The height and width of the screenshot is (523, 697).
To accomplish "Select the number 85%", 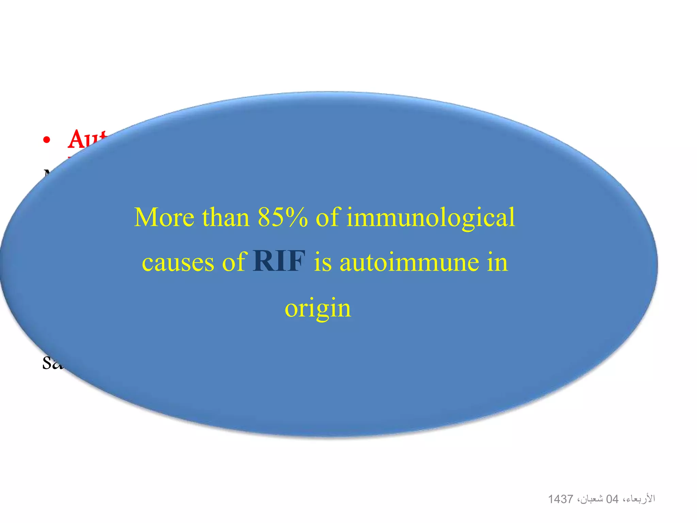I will pyautogui.click(x=282, y=218).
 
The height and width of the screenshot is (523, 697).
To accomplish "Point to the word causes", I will pyautogui.click(x=178, y=263).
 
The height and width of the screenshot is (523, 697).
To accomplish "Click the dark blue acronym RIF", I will pyautogui.click(x=279, y=261).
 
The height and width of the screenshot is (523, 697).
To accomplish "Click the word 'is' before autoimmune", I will pyautogui.click(x=322, y=263).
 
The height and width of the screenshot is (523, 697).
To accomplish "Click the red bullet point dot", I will pyautogui.click(x=47, y=140).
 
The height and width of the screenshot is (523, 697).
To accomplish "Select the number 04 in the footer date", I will pyautogui.click(x=612, y=499).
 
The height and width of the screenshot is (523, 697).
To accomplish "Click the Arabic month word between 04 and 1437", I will pyautogui.click(x=590, y=499).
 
